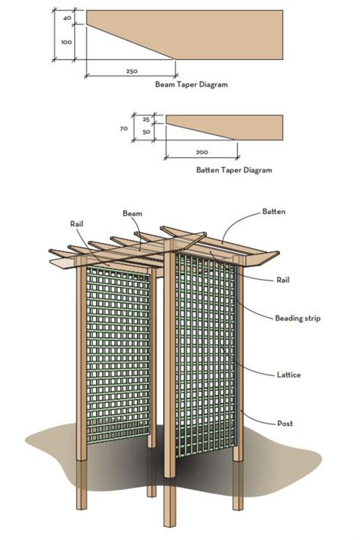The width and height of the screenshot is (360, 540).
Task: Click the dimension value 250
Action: (131, 71)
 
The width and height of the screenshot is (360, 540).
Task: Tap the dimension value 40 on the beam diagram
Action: (67, 17)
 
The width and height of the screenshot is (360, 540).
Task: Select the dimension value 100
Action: (66, 43)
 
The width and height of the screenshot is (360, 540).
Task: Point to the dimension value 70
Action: (124, 129)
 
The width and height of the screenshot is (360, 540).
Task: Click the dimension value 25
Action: (146, 119)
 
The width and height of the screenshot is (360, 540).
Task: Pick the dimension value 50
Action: (146, 132)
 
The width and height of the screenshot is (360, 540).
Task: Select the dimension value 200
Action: (202, 152)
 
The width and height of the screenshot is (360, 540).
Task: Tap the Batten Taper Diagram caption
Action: (234, 171)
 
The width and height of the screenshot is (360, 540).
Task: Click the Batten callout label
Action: (273, 211)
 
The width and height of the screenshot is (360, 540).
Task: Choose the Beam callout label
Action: (133, 215)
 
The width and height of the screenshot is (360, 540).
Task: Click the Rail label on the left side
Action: (77, 224)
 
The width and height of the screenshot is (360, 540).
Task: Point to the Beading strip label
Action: (298, 318)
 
